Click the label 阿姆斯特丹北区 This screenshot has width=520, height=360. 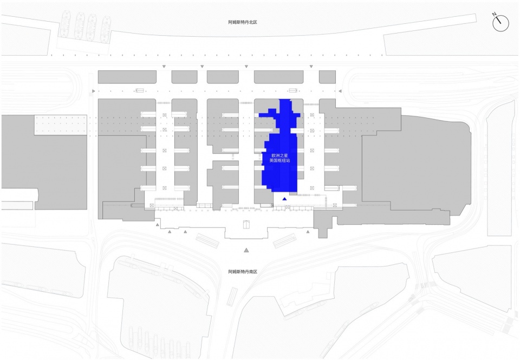point(245,23)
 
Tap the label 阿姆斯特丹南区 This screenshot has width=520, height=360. point(245,271)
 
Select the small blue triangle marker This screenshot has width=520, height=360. point(283,199)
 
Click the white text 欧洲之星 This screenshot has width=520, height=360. point(280,155)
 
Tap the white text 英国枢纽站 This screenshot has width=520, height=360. point(280,161)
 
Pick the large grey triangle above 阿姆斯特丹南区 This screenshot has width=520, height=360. point(246,250)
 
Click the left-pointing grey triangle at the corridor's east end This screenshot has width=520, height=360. point(340,91)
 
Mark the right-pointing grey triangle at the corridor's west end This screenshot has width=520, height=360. point(94,91)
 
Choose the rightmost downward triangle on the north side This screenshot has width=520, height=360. point(311,67)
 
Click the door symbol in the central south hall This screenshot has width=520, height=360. point(246,225)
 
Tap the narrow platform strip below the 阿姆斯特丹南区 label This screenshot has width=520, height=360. point(231,296)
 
